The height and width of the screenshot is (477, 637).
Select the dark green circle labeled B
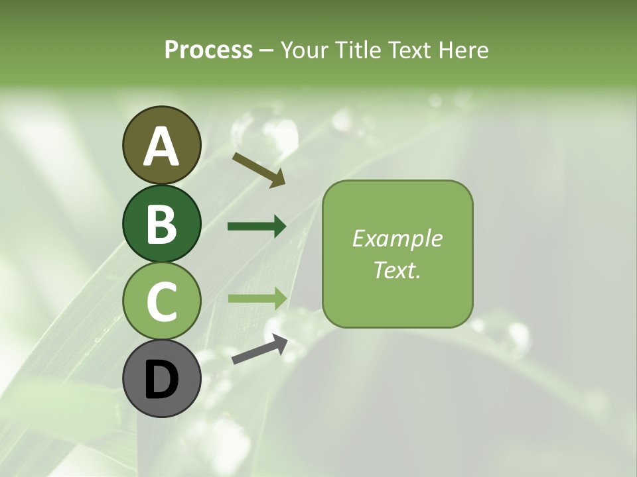pyautogui.click(x=161, y=223)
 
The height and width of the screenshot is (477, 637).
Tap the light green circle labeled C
pyautogui.click(x=161, y=301)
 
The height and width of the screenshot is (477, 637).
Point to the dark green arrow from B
pyautogui.click(x=257, y=227)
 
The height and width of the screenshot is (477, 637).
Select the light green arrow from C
pyautogui.click(x=257, y=298)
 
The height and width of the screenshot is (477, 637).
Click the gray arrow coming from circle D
pyautogui.click(x=259, y=350)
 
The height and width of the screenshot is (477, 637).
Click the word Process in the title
pyautogui.click(x=208, y=50)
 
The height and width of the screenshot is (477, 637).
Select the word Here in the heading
pyautogui.click(x=464, y=50)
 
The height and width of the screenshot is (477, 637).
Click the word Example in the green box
pyautogui.click(x=397, y=238)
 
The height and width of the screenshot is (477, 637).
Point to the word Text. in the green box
pyautogui.click(x=397, y=270)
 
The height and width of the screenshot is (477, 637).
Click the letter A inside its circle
pyautogui.click(x=161, y=147)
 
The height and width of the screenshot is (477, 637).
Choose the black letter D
pyautogui.click(x=161, y=381)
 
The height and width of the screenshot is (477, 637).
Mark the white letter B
pyautogui.click(x=161, y=225)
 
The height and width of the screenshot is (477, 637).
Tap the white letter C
pyautogui.click(x=161, y=302)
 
